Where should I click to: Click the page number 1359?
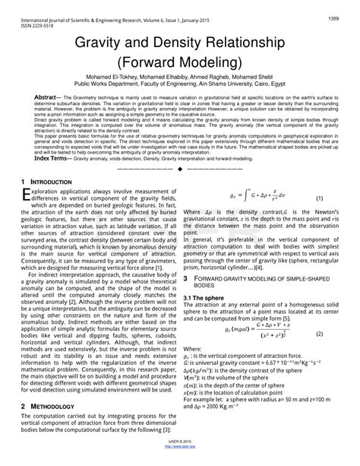(x=333, y=17)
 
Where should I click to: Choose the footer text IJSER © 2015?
(x=181, y=455)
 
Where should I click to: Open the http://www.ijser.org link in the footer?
(x=181, y=461)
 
